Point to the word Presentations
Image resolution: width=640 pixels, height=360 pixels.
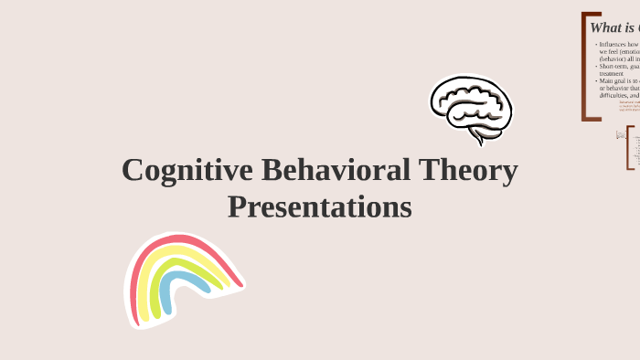[319, 206]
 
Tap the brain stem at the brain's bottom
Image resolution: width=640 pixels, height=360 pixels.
[477, 136]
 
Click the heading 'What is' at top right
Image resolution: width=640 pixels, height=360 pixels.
[613, 27]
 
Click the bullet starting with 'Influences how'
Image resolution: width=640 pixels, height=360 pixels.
[618, 51]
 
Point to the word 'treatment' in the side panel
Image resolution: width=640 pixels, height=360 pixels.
[612, 73]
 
